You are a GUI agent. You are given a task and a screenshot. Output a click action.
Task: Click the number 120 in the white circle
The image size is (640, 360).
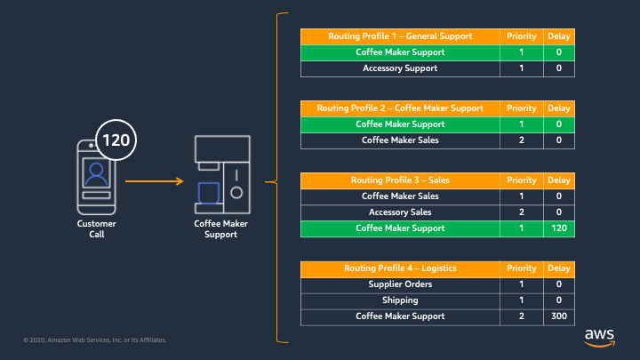[116, 140]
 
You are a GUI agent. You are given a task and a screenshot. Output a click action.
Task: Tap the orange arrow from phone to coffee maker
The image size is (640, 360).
[155, 180]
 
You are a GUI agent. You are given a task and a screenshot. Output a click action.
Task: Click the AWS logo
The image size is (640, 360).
[599, 338]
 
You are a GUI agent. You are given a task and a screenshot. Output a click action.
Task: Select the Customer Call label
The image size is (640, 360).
[97, 229]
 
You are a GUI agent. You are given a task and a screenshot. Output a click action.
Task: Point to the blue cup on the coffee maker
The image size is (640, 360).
[209, 193]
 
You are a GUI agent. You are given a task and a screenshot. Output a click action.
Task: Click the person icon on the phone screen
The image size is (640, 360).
[96, 173]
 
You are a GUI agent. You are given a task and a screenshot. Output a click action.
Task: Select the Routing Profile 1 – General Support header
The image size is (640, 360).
[400, 36]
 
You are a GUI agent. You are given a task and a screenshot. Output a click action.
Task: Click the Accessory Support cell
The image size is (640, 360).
[400, 68]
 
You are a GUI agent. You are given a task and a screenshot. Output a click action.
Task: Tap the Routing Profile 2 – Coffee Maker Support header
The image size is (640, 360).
[400, 108]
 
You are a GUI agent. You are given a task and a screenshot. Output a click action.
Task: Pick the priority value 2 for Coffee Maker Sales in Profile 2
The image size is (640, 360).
[521, 140]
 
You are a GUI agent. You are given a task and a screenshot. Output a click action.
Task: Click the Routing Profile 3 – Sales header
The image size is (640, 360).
[400, 180]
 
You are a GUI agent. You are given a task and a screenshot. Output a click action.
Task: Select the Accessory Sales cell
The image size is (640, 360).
[400, 212]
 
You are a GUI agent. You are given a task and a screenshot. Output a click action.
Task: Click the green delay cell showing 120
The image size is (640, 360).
[559, 228]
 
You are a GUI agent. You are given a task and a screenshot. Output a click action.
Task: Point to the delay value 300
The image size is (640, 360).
[559, 316]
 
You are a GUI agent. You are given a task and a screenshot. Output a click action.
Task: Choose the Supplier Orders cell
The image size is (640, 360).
[400, 284]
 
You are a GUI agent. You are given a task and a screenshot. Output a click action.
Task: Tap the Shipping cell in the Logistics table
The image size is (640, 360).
[400, 300]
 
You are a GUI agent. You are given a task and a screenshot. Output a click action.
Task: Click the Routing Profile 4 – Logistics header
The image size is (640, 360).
[400, 268]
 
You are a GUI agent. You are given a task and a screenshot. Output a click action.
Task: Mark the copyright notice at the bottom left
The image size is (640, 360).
[95, 340]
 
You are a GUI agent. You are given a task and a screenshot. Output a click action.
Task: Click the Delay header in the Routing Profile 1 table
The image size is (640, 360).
[559, 36]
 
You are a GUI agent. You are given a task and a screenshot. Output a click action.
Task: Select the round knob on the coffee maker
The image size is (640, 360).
[236, 193]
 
